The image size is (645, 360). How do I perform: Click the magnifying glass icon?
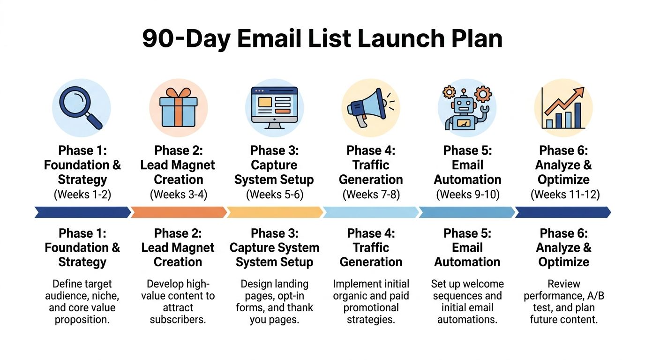coord(82,107)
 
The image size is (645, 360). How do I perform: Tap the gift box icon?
coord(178,107)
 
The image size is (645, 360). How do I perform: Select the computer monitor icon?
coord(274,107)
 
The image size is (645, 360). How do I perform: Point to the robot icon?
coord(466,107)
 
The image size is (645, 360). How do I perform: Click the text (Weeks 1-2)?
coord(82,195)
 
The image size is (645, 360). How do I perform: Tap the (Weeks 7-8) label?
coord(371,195)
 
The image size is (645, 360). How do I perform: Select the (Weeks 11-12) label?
coord(565,195)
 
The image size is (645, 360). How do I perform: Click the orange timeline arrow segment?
coord(178,212)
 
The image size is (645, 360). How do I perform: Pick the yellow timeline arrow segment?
coord(274,212)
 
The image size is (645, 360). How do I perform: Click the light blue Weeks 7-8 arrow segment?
coord(371,212)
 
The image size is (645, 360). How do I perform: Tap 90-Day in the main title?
coord(186,39)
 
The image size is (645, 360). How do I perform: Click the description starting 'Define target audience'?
coord(82,302)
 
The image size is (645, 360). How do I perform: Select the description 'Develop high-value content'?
coord(178,302)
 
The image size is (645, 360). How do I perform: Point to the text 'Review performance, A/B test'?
coord(564,302)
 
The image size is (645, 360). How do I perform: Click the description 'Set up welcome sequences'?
coord(467,302)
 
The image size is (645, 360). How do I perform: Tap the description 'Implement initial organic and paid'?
coord(371,302)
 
